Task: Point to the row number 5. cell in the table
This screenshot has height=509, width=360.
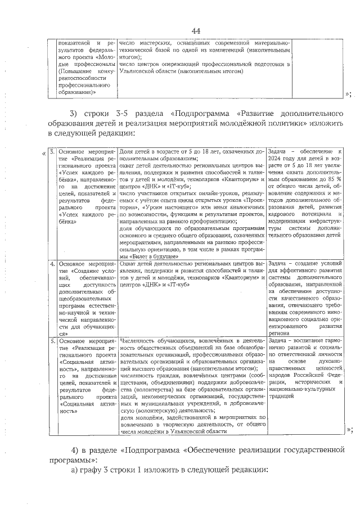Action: pos(52,341)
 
